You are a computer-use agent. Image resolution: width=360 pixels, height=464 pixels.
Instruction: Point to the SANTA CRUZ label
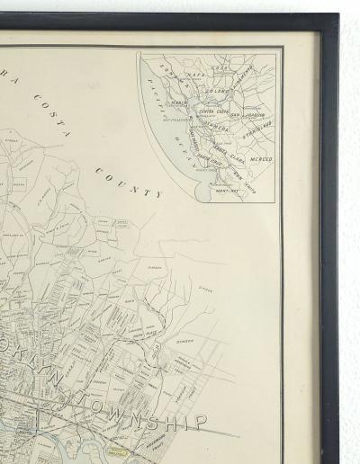212,165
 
